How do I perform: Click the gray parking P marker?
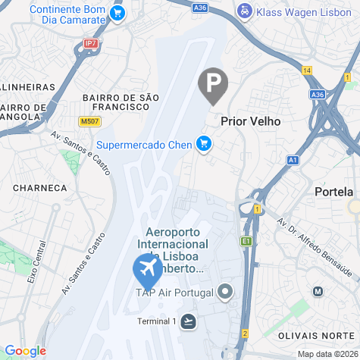tap(213, 84)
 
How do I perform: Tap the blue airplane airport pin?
tap(146, 268)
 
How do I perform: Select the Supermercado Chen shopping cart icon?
tap(203, 143)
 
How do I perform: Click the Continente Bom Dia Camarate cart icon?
tap(117, 13)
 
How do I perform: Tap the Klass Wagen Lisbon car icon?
tap(245, 12)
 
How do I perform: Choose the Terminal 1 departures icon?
tap(188, 321)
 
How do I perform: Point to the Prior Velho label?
tap(250, 121)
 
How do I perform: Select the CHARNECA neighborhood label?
tap(39, 186)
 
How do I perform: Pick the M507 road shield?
tap(89, 121)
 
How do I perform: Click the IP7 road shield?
tap(91, 44)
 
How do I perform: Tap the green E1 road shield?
tap(246, 241)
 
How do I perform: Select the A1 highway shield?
tap(293, 160)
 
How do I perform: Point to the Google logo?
tap(25, 351)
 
